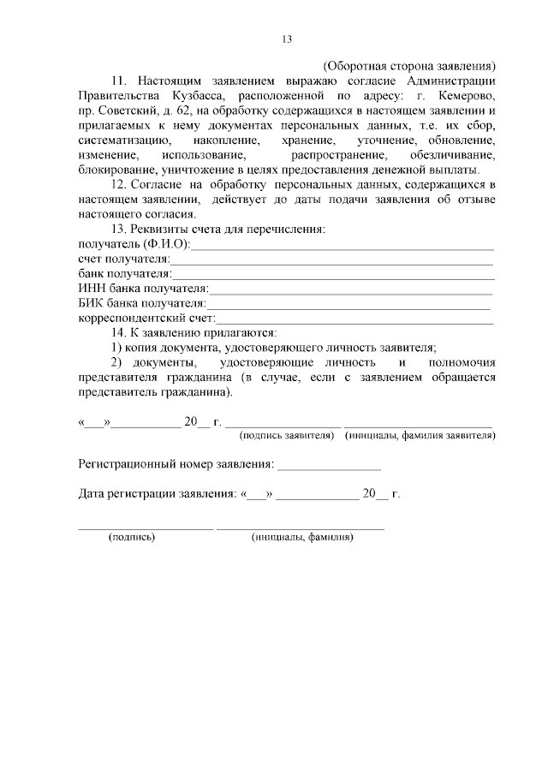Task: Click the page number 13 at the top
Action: [287, 39]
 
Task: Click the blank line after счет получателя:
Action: [332, 259]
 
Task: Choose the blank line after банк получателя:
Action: [333, 274]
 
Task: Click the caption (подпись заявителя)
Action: [288, 436]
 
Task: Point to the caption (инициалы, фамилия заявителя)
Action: [420, 436]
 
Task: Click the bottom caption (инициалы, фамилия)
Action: [302, 537]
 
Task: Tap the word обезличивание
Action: [452, 156]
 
